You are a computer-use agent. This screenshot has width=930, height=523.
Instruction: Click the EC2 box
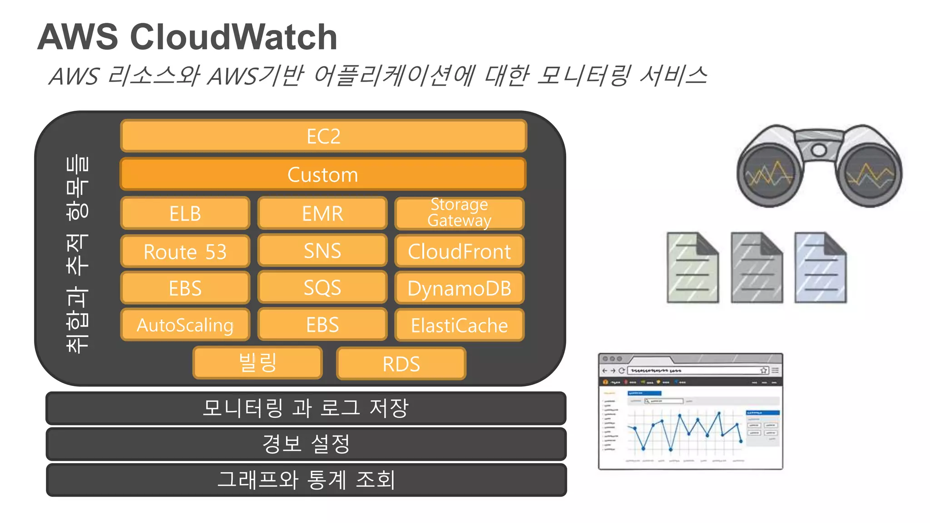(323, 136)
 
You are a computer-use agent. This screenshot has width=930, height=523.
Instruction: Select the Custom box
(323, 174)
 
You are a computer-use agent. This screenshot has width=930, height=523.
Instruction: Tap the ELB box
(185, 213)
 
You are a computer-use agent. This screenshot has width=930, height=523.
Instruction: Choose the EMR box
(322, 213)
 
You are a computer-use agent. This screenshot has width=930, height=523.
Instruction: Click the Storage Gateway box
(459, 213)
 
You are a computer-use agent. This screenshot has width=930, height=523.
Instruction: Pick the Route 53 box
(185, 252)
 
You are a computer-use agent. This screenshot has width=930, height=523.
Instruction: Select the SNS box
(322, 251)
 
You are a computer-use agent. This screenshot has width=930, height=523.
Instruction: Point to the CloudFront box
(459, 251)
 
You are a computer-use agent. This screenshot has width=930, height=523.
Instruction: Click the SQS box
(322, 287)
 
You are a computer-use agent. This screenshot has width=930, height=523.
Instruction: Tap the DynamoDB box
(459, 288)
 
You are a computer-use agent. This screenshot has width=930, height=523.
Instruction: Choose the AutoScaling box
(185, 325)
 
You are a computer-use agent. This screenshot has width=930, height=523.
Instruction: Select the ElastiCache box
(459, 326)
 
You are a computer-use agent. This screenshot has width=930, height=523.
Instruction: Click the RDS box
(401, 364)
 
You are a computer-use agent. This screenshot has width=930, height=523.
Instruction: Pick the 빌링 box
(257, 363)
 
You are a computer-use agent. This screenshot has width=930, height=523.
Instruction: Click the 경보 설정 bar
(306, 444)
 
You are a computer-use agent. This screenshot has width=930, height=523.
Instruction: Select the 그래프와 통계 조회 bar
(306, 480)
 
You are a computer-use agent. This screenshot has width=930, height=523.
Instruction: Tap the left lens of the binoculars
(769, 174)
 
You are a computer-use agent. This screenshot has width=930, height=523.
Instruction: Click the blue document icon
(820, 268)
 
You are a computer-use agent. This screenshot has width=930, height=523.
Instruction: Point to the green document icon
(692, 268)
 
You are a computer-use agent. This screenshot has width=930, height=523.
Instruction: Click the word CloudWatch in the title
(233, 37)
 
